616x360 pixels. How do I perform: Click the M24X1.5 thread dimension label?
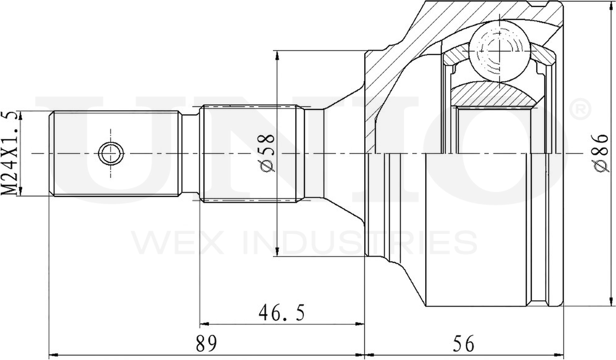(9, 153)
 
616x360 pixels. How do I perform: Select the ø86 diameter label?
(601, 153)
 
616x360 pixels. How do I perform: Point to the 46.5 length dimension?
(281, 313)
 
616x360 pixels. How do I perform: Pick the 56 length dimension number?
(464, 343)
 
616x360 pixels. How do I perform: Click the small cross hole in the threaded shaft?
(111, 153)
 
